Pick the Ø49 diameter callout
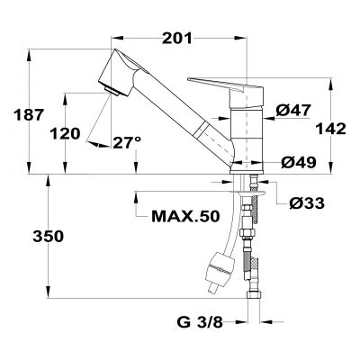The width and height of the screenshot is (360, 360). coord(294,162)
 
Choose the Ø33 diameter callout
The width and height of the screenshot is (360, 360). coord(308,204)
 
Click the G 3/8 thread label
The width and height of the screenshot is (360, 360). coord(199,319)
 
